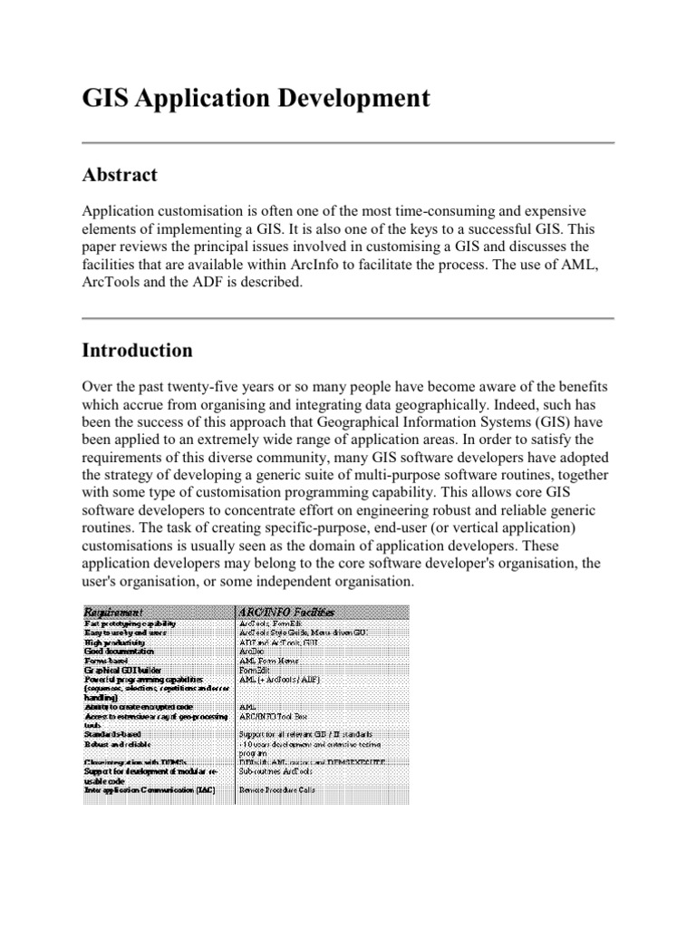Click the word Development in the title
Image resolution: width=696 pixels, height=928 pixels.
point(350,99)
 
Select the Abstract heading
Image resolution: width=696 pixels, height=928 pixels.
point(120,175)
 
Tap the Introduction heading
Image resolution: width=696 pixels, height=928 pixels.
point(137,350)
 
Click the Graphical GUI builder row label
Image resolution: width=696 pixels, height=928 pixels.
point(122,670)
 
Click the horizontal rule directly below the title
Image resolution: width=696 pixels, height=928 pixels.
point(348,143)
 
